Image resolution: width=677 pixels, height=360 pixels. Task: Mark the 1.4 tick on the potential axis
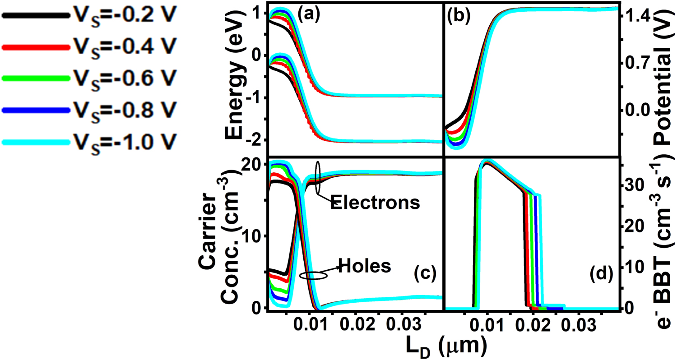click(636, 17)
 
